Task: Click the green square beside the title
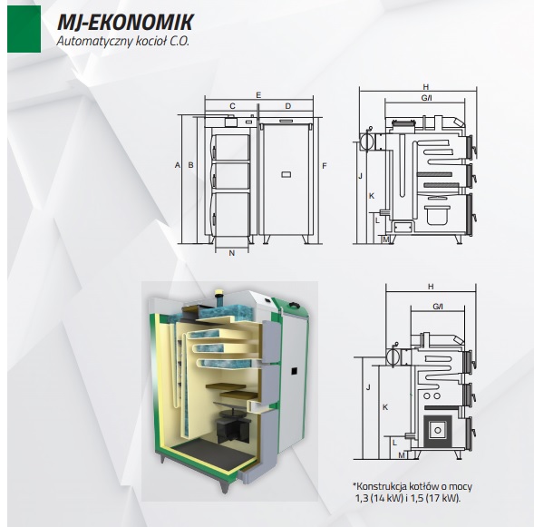(x=24, y=29)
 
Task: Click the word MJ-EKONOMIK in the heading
(x=125, y=22)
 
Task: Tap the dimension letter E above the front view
(x=258, y=95)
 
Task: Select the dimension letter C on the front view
(x=233, y=106)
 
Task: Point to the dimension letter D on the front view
(x=288, y=106)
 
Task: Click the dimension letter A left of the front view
(x=177, y=165)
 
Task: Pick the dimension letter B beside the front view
(x=190, y=165)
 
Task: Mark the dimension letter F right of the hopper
(x=325, y=166)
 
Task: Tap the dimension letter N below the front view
(x=232, y=253)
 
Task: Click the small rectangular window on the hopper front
(x=286, y=174)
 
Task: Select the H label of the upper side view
(x=426, y=87)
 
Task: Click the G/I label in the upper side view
(x=426, y=98)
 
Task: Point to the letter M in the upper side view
(x=386, y=239)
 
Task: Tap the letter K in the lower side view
(x=385, y=407)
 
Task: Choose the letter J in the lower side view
(x=368, y=387)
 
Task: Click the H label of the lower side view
(x=431, y=287)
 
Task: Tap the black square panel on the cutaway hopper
(x=294, y=371)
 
